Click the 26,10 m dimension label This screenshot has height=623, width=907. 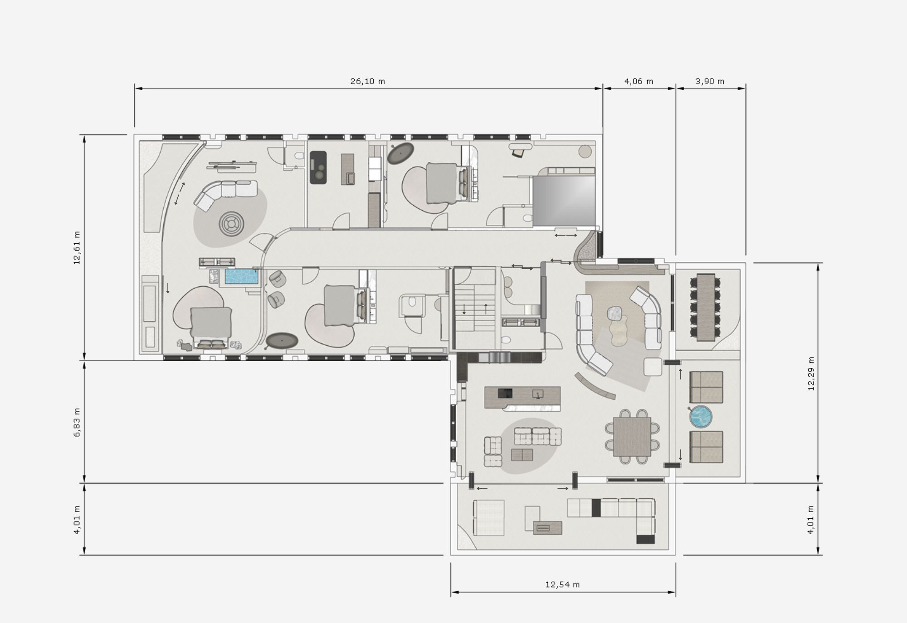[367, 82]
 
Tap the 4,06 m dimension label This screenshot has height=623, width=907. [639, 82]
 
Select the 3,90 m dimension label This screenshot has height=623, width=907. [710, 82]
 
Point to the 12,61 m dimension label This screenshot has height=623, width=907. [77, 247]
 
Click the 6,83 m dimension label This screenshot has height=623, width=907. [77, 422]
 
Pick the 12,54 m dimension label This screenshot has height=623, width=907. [562, 584]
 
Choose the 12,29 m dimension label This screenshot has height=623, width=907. [811, 373]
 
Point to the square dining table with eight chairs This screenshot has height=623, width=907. [632, 437]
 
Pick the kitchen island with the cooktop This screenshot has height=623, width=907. [522, 398]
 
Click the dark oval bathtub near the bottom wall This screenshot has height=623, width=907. [282, 340]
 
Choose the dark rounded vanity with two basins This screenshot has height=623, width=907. [318, 167]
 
